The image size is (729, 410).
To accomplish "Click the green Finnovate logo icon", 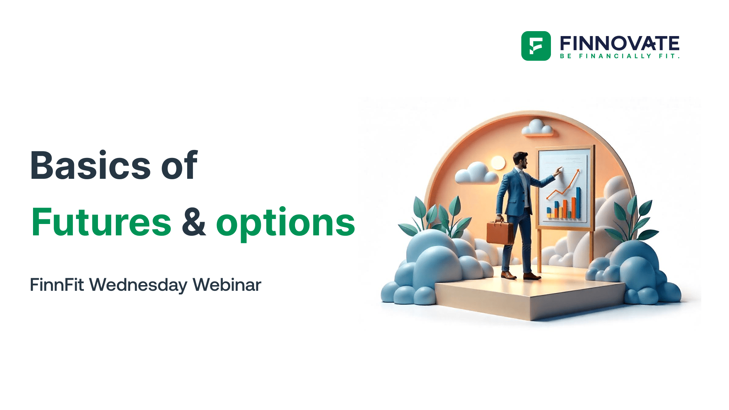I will point(536,46).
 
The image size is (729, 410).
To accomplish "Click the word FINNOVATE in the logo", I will point(619,43).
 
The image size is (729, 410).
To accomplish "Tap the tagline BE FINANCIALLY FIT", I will point(619,56).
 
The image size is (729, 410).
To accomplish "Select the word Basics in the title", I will point(90,166).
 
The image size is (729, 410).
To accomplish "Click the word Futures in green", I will point(101,222).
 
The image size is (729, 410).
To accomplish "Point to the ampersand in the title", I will point(194,222).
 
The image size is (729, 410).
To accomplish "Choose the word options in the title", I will point(286,223).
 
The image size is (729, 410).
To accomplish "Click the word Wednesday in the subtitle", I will point(138,285).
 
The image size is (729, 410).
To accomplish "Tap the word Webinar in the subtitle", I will point(227,285).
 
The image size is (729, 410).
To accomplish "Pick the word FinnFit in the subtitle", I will point(57,285).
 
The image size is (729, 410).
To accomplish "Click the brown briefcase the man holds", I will point(500,232).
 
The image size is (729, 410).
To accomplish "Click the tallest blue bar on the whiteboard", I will point(578,203).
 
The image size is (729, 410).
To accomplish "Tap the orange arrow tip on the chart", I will point(578,172).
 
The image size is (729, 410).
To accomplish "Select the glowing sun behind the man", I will point(498,163).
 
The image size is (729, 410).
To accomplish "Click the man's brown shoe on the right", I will point(532,276).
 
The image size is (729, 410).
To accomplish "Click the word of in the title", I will point(179,166).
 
